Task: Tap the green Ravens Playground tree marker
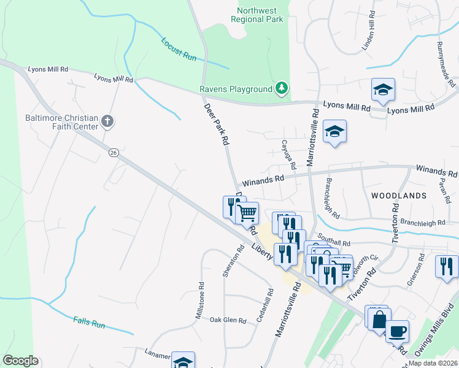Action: click(x=281, y=89)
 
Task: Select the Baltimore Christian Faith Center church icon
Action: click(x=107, y=121)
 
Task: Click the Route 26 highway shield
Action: click(x=113, y=151)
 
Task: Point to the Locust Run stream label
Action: click(x=179, y=49)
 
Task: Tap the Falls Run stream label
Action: click(x=89, y=321)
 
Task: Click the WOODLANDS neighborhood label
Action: click(x=399, y=196)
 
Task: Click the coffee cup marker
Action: click(x=397, y=332)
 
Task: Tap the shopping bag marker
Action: click(x=379, y=320)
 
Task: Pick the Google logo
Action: click(x=20, y=361)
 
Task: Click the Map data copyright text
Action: click(x=433, y=363)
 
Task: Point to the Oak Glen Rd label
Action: click(x=228, y=320)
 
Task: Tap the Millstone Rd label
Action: click(x=199, y=300)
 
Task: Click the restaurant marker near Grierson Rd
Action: click(x=447, y=267)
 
